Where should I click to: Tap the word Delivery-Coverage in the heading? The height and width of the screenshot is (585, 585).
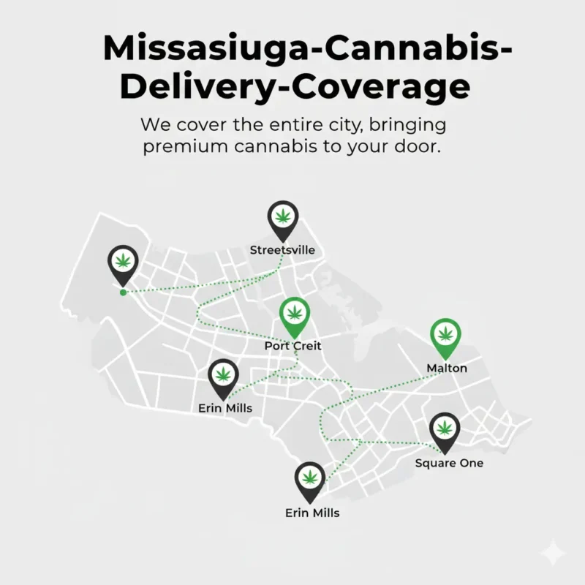point(295,86)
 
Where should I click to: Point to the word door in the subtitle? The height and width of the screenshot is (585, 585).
point(418,146)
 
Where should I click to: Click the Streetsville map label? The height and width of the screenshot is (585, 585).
point(282,250)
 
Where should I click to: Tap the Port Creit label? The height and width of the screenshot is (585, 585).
point(292,345)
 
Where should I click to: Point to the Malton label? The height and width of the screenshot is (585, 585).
point(447,368)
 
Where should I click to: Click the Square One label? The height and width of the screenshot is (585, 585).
point(449,463)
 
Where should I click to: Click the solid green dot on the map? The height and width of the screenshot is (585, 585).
point(122,292)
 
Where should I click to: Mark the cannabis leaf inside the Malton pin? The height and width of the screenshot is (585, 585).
point(445,333)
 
